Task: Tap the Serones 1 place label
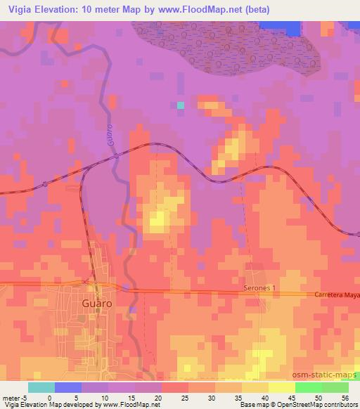[260, 288]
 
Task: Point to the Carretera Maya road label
[335, 296]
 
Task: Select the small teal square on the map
[181, 105]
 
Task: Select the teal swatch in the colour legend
[41, 387]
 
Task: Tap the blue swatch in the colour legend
[68, 387]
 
